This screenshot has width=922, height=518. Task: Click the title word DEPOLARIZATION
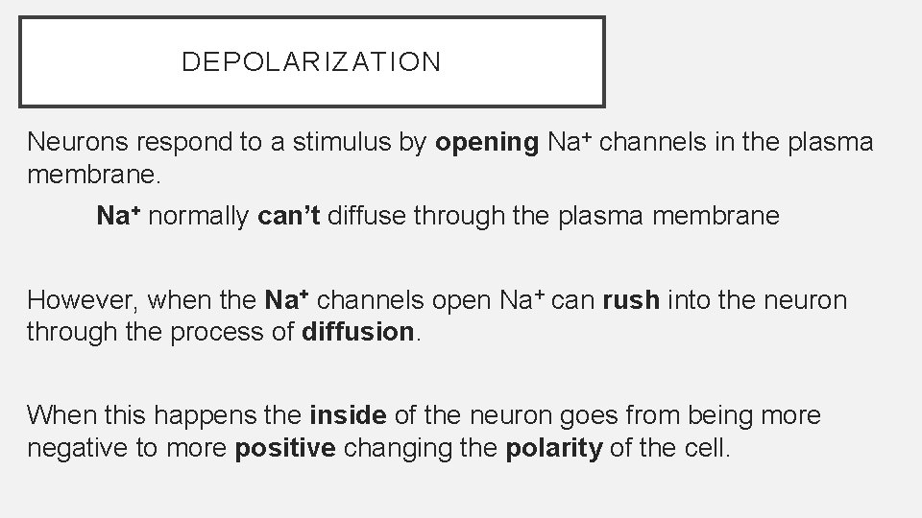point(311,62)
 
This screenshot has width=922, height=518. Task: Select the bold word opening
point(487,144)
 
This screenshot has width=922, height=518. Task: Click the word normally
point(201,216)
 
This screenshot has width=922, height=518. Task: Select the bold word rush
point(631,300)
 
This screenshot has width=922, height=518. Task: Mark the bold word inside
point(348,415)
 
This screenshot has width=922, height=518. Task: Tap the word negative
point(74,449)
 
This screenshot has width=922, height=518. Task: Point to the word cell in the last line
point(712,449)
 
